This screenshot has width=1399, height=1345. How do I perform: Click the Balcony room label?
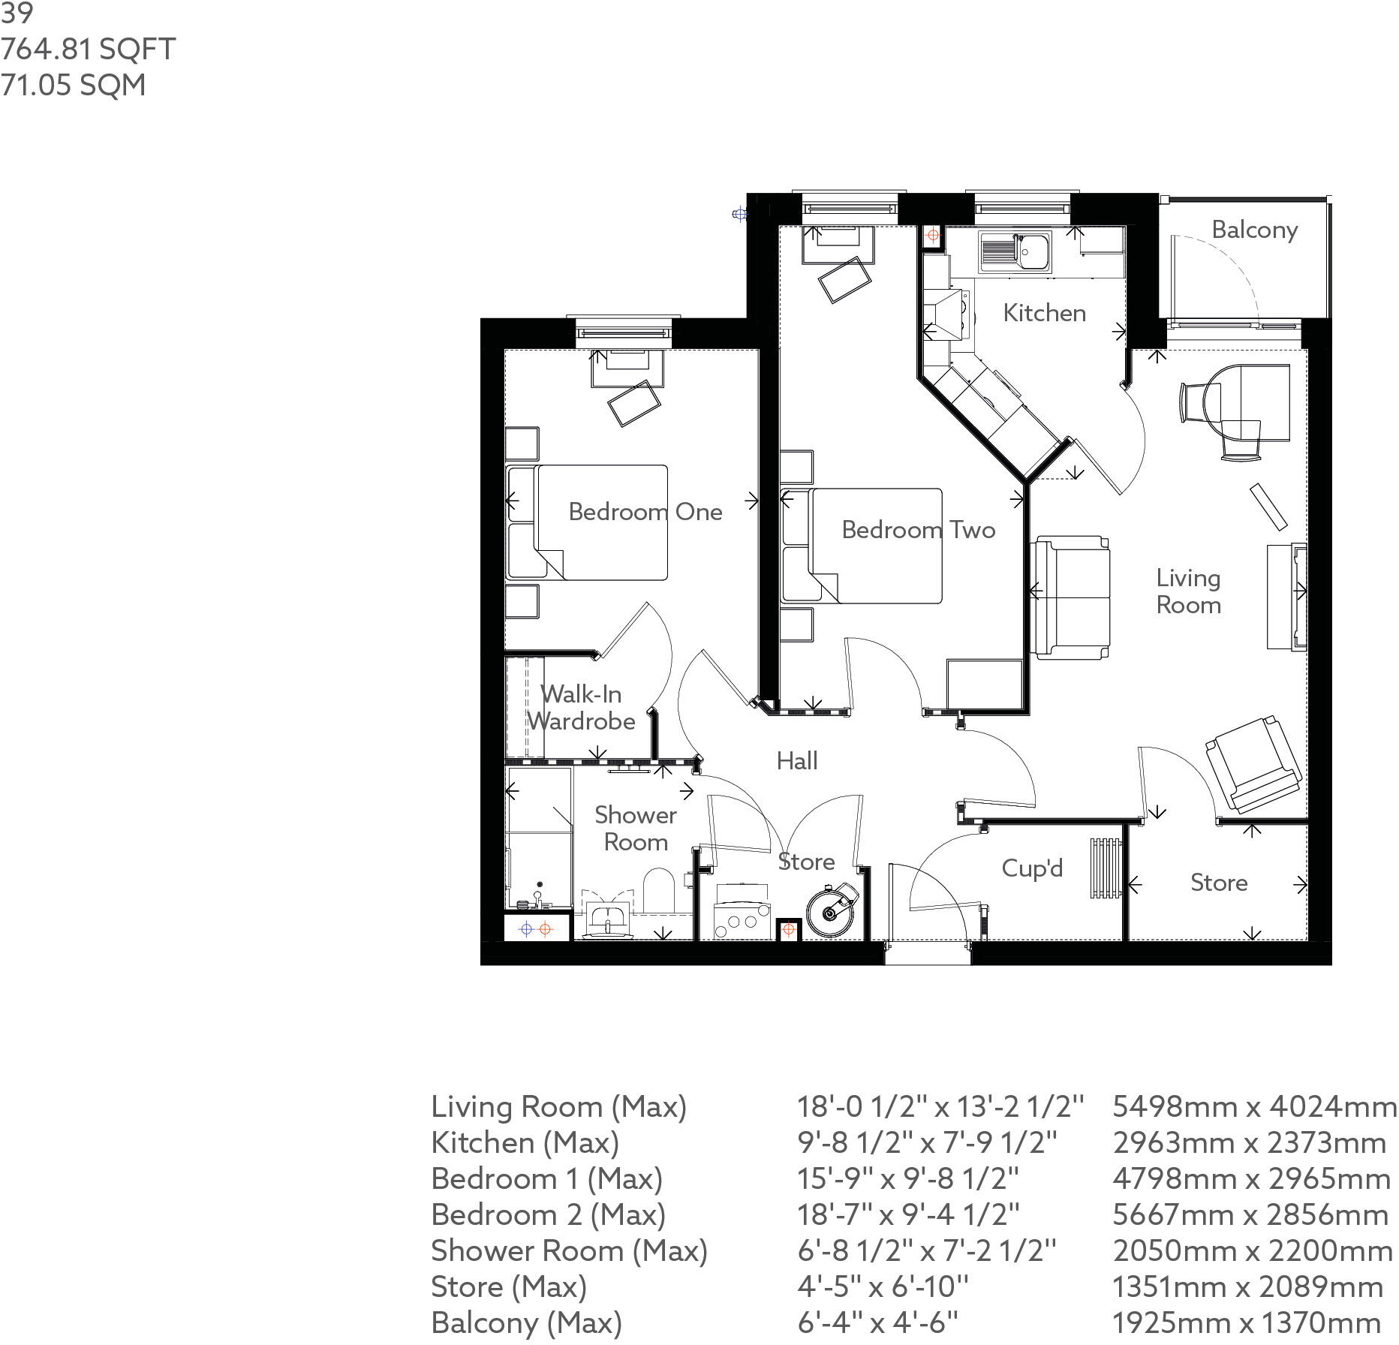click(x=1254, y=230)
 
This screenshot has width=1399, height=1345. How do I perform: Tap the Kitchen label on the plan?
click(x=1044, y=313)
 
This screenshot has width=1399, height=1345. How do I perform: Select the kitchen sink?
click(x=1015, y=251)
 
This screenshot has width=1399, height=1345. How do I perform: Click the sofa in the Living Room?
click(x=1070, y=597)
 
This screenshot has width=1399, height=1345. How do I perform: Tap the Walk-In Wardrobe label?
click(x=581, y=708)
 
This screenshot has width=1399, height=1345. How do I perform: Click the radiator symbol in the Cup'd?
click(x=1106, y=868)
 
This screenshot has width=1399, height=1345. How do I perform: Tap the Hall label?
click(x=796, y=761)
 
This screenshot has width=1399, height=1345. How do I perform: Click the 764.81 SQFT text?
click(x=88, y=50)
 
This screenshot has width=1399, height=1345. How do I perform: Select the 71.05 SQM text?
click(x=73, y=85)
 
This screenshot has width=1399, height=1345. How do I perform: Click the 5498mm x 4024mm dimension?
click(x=1253, y=1106)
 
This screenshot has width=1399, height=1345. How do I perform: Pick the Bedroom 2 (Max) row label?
click(x=548, y=1214)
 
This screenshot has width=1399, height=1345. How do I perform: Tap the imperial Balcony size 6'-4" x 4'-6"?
click(x=877, y=1322)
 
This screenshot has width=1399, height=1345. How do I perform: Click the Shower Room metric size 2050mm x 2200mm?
click(x=1252, y=1250)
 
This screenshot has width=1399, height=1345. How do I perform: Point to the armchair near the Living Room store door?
click(x=1252, y=766)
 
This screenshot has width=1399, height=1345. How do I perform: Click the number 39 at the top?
click(x=16, y=13)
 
